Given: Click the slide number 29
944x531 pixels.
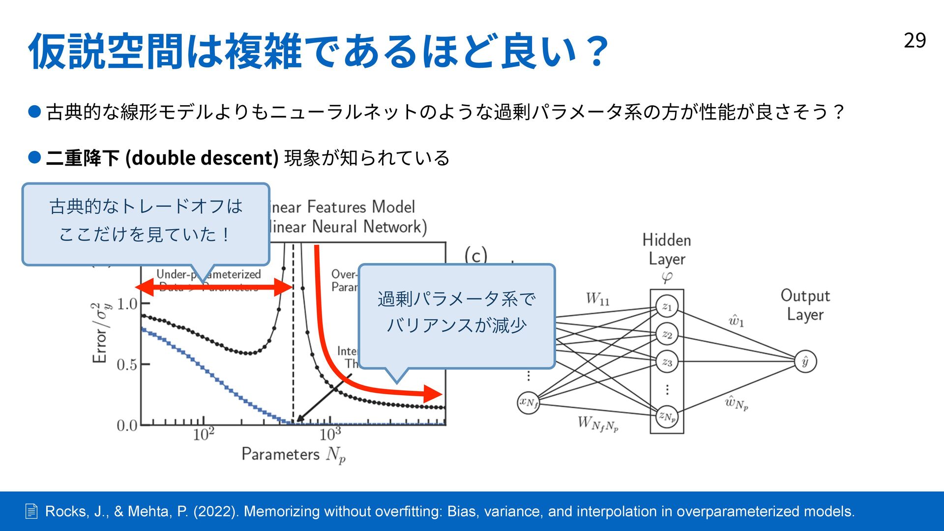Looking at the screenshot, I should [914, 40].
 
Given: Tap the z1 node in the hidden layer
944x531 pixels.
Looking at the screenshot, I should [667, 306].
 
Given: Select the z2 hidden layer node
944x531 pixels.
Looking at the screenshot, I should [667, 334].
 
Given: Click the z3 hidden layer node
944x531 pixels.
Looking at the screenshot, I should [667, 362].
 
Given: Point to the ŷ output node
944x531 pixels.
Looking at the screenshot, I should [805, 362].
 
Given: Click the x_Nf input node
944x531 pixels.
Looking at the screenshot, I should [529, 403].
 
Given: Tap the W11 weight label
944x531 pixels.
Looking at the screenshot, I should [597, 298].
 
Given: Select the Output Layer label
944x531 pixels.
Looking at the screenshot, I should [805, 305].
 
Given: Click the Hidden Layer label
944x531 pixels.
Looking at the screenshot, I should [667, 249].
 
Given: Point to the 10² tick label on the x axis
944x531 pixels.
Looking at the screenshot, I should [203, 434].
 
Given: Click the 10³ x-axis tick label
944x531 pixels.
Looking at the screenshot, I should [330, 434].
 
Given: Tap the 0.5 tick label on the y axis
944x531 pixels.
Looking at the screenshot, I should [127, 365].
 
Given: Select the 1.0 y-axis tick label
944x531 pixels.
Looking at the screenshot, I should [127, 304].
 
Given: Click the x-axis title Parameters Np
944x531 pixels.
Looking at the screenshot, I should [294, 454].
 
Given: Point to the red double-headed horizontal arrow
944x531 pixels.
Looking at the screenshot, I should [214, 287].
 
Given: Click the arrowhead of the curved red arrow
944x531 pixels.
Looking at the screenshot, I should [433, 394].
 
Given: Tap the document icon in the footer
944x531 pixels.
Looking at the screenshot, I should [31, 511].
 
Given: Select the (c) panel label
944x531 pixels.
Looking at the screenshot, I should [475, 255].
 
